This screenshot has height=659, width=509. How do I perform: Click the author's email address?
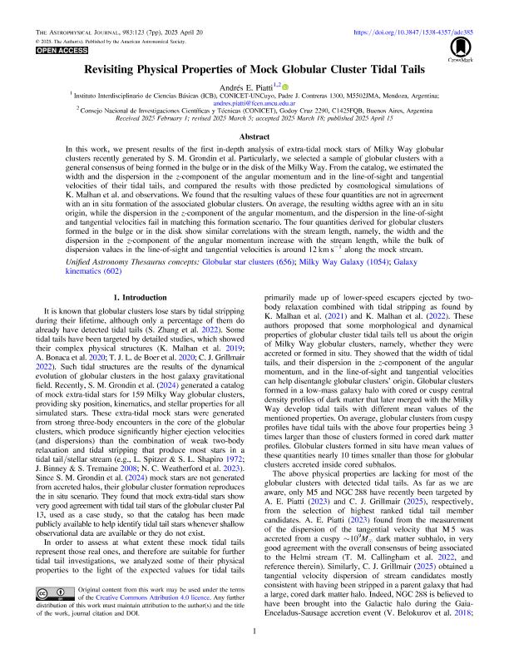point(254,103)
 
